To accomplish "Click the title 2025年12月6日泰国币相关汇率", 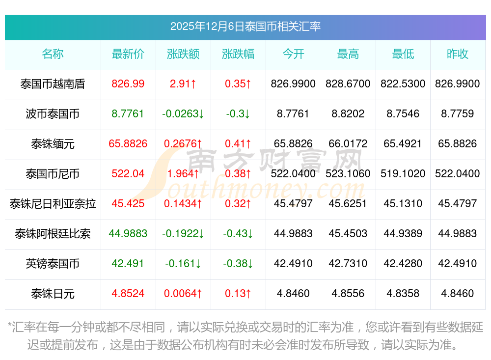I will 245,27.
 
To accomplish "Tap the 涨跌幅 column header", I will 238,54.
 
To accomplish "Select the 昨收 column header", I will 458,54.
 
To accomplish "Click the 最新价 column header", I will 128,54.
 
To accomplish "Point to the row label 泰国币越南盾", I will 53,84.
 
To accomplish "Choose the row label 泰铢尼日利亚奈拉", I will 53,203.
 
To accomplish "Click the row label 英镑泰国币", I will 53,264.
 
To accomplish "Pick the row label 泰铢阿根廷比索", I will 53,234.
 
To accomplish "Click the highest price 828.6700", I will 348,84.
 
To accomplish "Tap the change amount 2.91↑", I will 183,84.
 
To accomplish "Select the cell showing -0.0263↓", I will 183,114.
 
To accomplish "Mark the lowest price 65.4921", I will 403,144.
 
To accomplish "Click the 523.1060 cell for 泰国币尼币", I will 348,174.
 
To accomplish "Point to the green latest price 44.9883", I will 128,234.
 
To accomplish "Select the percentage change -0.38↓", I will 238,264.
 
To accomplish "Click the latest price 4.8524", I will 128,294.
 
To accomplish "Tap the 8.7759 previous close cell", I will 458,114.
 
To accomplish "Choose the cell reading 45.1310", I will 403,203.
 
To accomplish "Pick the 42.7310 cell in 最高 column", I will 348,264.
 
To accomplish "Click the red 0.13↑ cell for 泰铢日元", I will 238,294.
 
